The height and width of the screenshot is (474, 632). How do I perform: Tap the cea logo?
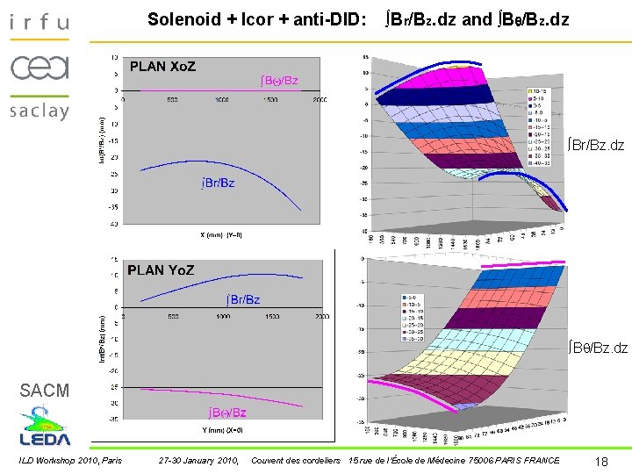(x=39, y=67)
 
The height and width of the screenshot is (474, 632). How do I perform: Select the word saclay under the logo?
(x=39, y=111)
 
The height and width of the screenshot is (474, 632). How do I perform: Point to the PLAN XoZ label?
(x=163, y=66)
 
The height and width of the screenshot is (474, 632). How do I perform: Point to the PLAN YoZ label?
(x=161, y=270)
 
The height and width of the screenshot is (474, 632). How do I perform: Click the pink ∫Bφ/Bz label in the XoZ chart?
(x=279, y=81)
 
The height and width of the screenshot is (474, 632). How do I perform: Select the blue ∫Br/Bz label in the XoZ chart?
(x=214, y=183)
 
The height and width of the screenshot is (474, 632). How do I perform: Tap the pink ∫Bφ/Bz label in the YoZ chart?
(x=227, y=412)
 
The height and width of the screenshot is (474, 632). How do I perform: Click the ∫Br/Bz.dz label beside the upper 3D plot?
(x=595, y=144)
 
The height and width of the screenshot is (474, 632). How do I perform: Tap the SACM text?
(x=45, y=391)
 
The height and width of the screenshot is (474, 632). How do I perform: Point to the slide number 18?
(x=601, y=462)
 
